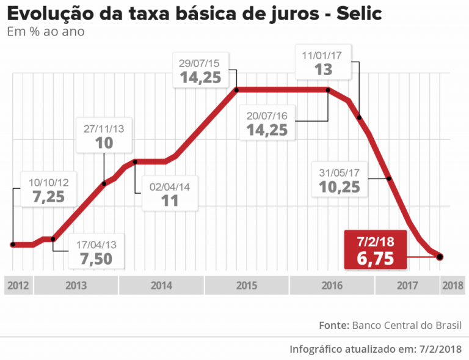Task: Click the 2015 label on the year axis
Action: click(246, 285)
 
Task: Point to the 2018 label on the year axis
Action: click(452, 285)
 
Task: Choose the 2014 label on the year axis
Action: click(161, 285)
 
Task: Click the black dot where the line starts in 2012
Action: click(13, 244)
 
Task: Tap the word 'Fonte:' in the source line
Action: click(333, 325)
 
